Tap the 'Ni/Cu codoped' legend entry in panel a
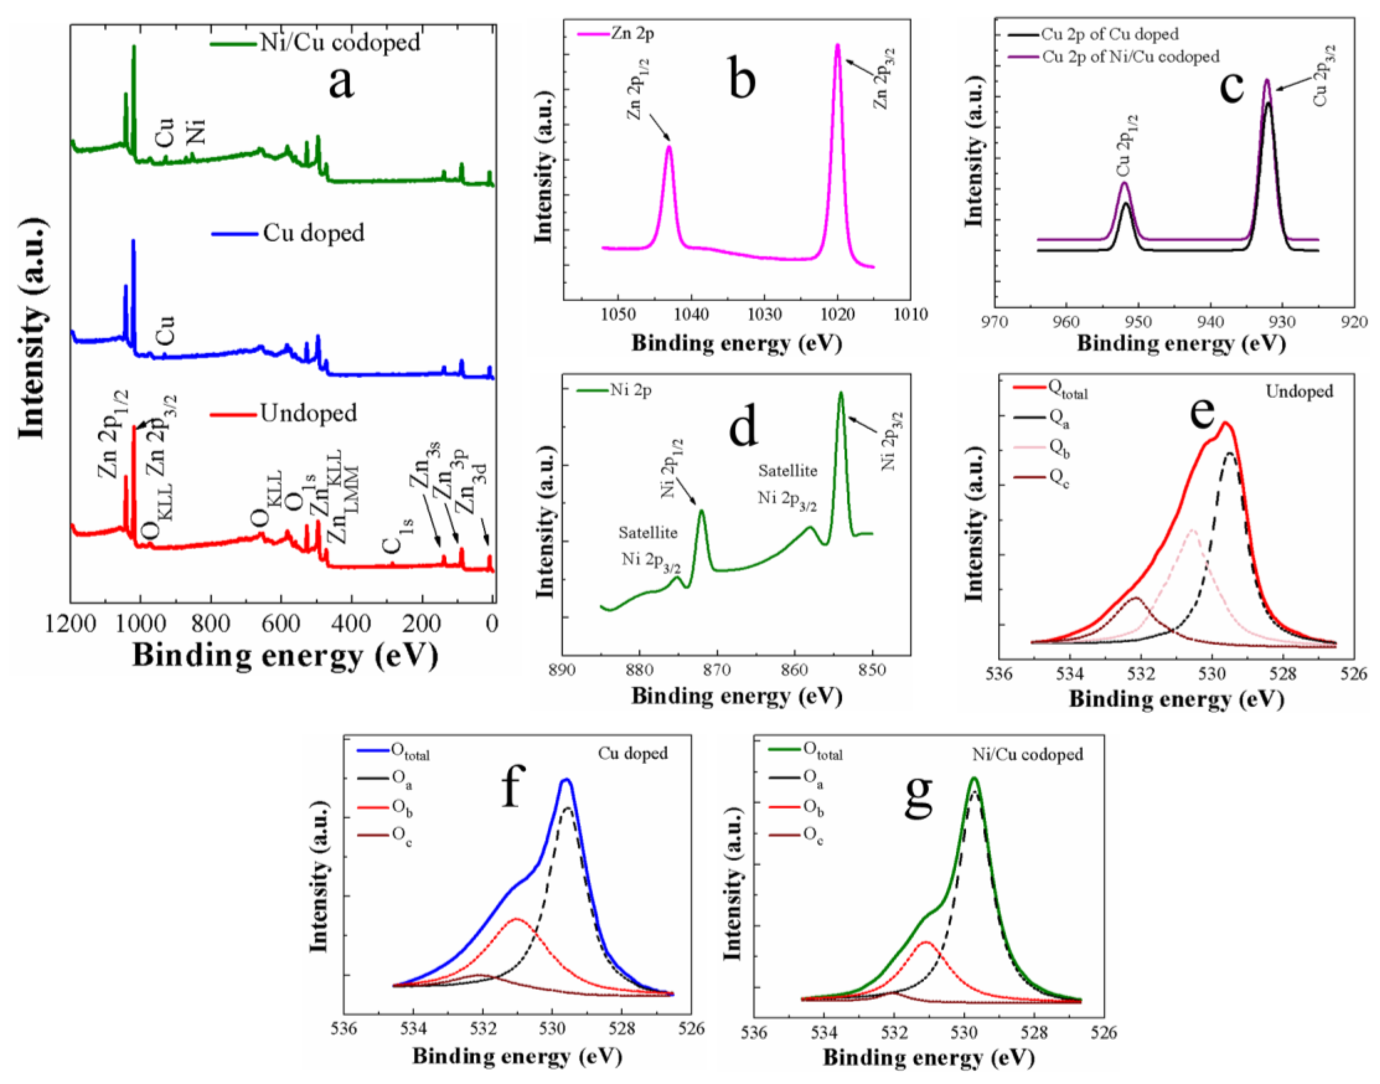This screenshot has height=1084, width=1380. click(x=340, y=43)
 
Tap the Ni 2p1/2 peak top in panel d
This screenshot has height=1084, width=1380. click(x=701, y=510)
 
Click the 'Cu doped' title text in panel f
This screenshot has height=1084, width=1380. click(x=633, y=754)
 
